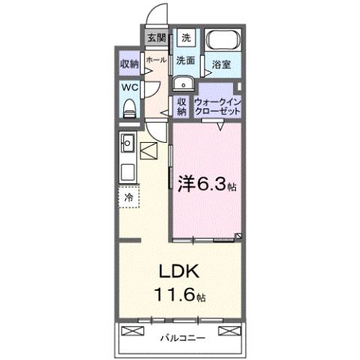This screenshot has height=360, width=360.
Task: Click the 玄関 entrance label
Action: [156, 37]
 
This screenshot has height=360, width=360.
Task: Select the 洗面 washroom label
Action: [186, 60]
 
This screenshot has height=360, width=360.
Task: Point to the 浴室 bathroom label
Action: [220, 65]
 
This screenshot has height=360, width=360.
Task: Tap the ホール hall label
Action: [156, 59]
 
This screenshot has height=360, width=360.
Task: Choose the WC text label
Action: [129, 86]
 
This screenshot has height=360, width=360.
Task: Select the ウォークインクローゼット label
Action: [218, 105]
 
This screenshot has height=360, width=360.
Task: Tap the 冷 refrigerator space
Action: [129, 197]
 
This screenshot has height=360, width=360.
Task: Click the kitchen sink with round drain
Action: [128, 142]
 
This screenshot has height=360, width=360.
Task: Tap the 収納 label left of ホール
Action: [129, 64]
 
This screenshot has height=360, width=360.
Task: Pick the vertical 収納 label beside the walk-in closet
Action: [182, 106]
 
